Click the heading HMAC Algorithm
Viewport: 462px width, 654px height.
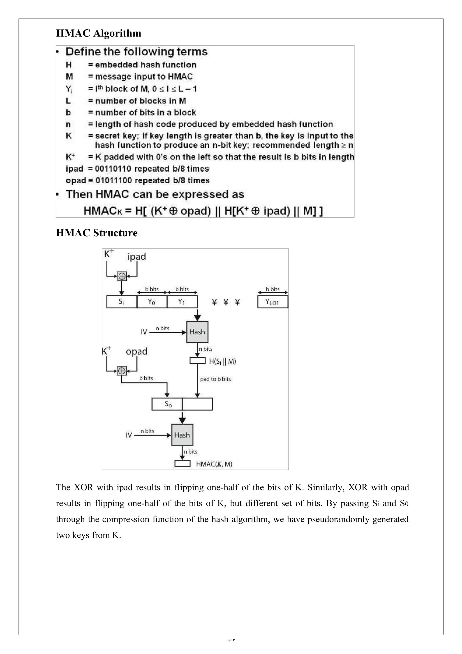pos(98,33)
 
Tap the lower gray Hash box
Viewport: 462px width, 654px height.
pos(182,435)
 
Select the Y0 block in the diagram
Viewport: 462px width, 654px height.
pos(152,302)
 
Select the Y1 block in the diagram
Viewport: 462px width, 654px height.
pos(182,302)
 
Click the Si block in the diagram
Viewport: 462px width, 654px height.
pos(121,302)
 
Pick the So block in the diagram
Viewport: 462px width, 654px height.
pos(167,404)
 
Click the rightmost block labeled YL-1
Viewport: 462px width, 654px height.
pos(273,302)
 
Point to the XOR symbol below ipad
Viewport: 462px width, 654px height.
pos(122,276)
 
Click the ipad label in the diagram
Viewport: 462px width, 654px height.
pos(137,257)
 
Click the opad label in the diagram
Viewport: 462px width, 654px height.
pos(136,352)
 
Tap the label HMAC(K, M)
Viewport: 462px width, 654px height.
pos(214,464)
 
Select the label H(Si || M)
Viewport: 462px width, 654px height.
pos(222,362)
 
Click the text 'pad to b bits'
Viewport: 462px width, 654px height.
pos(215,379)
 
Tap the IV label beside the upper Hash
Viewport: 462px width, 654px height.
pos(144,332)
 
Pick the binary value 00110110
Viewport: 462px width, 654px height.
pos(113,169)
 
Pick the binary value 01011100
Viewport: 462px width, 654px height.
pos(113,181)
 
